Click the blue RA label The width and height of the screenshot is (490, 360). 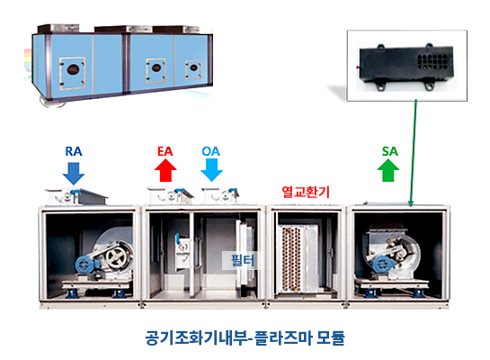pos(74,151)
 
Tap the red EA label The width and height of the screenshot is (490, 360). pos(165,151)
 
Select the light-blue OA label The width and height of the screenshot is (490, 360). pos(211,151)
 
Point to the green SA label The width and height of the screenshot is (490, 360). pos(389,151)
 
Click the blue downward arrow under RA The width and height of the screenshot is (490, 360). pos(74,173)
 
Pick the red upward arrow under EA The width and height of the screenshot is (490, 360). pos(165,170)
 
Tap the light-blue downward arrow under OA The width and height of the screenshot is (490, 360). pos(211,170)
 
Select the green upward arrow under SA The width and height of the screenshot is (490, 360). pos(388,170)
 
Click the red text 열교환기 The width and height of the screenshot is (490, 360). pos(306,192)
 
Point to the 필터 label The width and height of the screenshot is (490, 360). pos(243,260)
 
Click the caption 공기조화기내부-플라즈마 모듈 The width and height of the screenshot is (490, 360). pos(245,337)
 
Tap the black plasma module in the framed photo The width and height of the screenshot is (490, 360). pos(406,67)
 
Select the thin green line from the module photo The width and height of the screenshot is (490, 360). pos(414,153)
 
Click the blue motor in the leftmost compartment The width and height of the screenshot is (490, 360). pos(85,265)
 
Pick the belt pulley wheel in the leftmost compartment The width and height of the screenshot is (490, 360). pos(116,257)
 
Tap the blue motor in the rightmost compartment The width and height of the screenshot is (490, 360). pos(381,265)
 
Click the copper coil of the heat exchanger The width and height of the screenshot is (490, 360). pos(291,258)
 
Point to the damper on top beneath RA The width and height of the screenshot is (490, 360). pos(76,196)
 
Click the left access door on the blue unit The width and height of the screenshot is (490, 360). pos(73,73)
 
